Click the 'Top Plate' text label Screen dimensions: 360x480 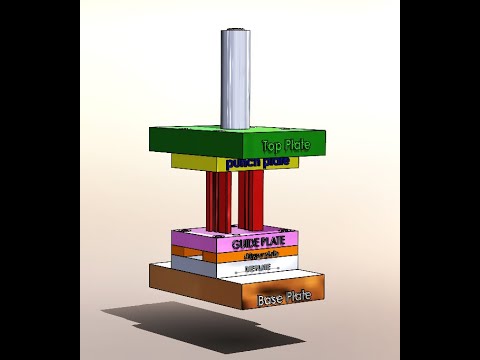pos(286,146)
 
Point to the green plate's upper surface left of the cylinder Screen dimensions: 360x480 pos(190,134)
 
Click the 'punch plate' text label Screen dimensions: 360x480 pos(257,162)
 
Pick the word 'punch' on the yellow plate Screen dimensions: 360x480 pos(243,162)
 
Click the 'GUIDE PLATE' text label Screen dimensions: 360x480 pos(259,244)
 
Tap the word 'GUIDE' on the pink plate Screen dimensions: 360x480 pos(246,244)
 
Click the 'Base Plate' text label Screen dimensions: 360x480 pos(285,297)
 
